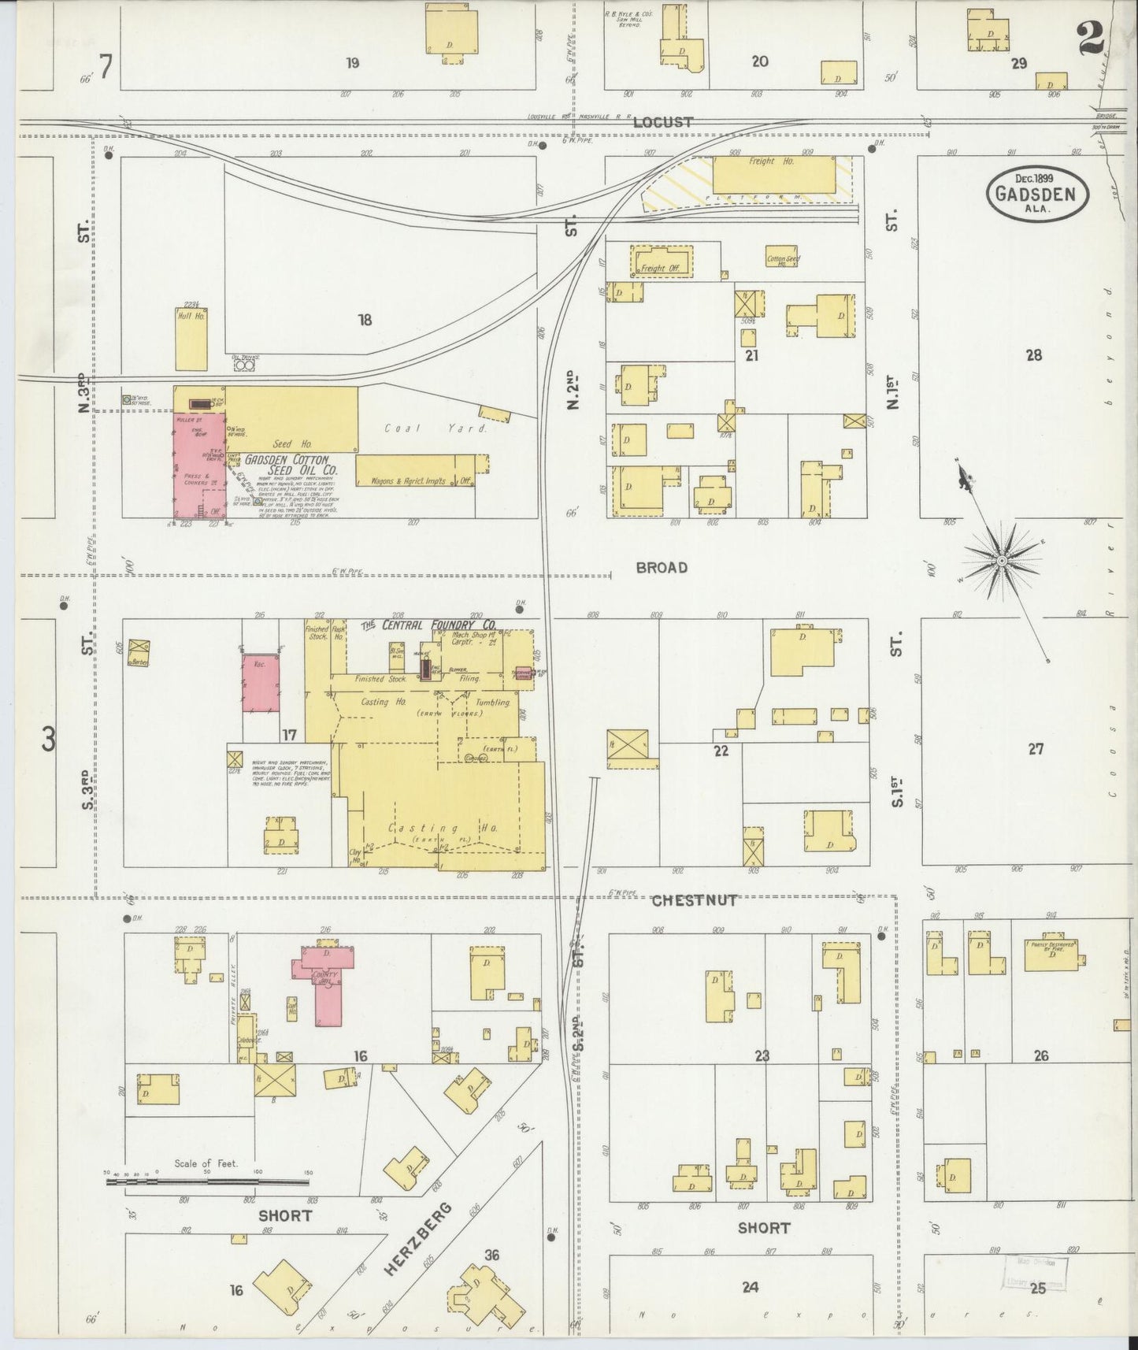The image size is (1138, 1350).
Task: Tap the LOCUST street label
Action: point(662,122)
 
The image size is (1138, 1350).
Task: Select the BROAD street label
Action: point(662,567)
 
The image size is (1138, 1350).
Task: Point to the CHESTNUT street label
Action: point(694,899)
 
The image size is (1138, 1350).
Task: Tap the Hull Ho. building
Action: point(191,339)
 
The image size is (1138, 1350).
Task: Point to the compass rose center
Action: point(1001,561)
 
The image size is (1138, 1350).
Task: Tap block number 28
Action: point(1033,355)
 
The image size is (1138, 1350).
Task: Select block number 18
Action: point(364,320)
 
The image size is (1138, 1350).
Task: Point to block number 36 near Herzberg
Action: point(491,1255)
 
